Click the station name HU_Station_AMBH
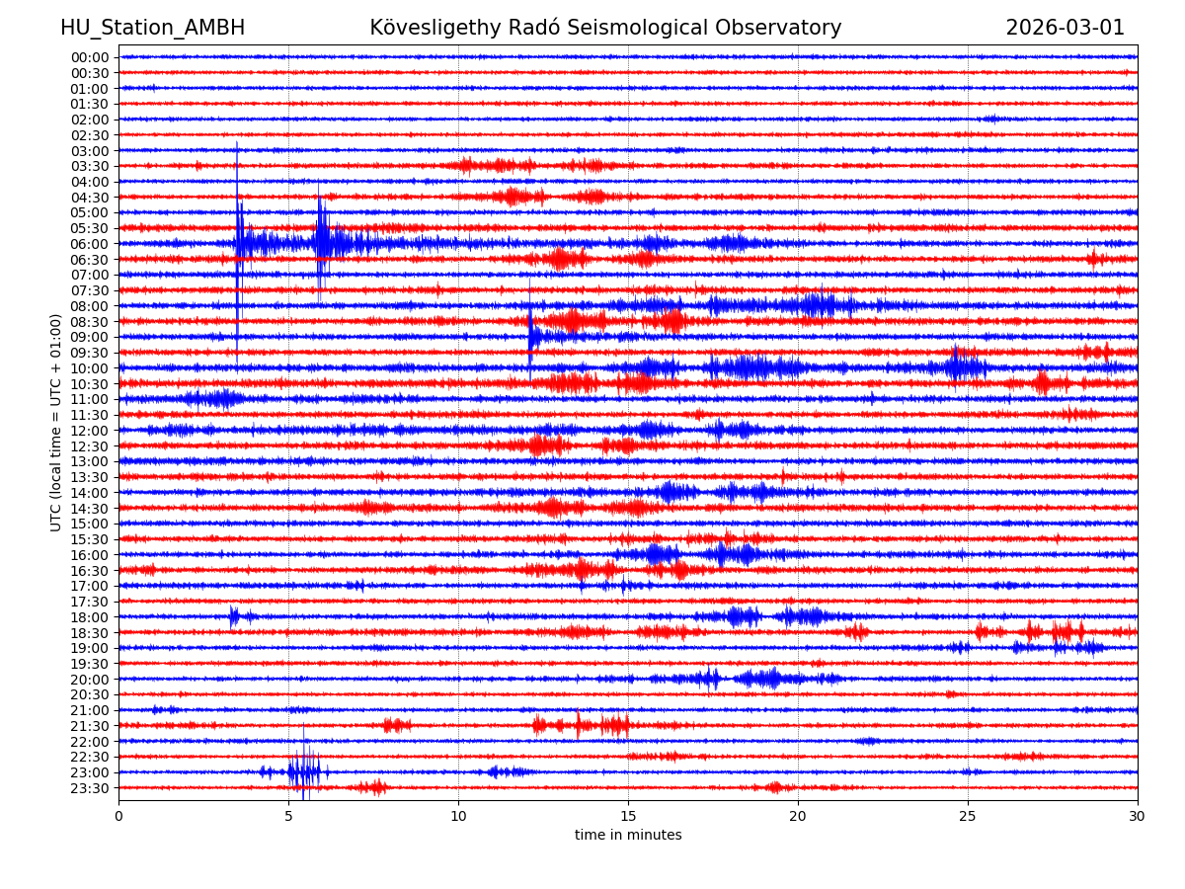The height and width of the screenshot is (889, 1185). (152, 28)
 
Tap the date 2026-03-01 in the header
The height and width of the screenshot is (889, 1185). (1065, 28)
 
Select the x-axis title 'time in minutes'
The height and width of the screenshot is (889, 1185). (628, 835)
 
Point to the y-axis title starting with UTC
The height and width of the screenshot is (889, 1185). (56, 422)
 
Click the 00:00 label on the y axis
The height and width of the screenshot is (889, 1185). (90, 57)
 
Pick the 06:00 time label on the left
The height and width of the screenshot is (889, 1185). (90, 244)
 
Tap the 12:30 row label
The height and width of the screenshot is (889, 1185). (90, 446)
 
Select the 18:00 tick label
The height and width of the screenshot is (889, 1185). (90, 617)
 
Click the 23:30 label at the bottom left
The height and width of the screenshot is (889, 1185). (90, 788)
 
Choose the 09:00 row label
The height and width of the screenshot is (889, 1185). (90, 337)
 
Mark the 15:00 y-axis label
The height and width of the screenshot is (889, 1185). (90, 524)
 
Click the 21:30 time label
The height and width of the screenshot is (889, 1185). (90, 726)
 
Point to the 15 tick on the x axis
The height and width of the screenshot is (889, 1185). (628, 815)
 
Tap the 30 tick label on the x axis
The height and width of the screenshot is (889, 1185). (1138, 815)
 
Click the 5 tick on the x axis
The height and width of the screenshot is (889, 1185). (288, 815)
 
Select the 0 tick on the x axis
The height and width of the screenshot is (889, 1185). (118, 815)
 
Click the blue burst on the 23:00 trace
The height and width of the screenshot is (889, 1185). (304, 771)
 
